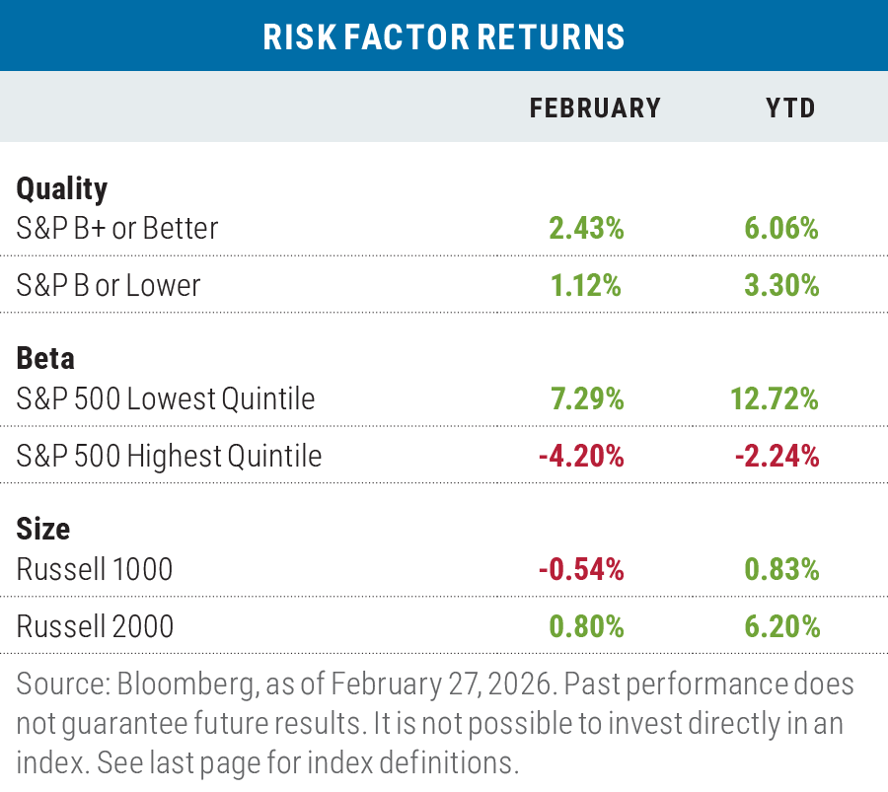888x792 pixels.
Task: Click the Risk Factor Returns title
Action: click(x=444, y=36)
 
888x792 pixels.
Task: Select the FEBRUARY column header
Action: click(x=595, y=108)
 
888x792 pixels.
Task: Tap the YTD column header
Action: click(x=791, y=108)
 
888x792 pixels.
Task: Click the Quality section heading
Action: click(x=62, y=187)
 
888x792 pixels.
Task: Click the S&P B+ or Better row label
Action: click(x=117, y=228)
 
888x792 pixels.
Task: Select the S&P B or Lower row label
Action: click(x=109, y=285)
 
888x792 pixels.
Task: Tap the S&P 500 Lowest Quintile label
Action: click(x=166, y=398)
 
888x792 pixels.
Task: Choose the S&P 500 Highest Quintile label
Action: click(x=169, y=456)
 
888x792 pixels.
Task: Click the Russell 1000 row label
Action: click(x=95, y=569)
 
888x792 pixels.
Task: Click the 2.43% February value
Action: click(x=586, y=228)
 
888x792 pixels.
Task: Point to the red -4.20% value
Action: click(x=582, y=456)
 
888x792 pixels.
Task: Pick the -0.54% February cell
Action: click(x=582, y=569)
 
